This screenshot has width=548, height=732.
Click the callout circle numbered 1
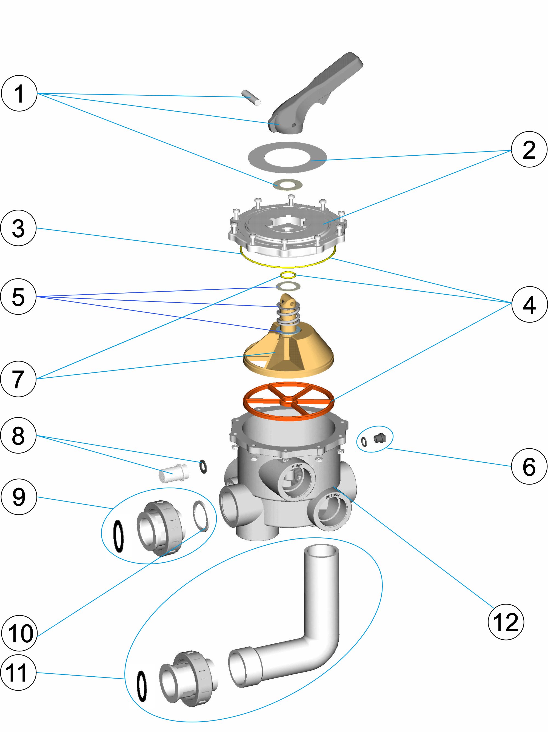point(19,93)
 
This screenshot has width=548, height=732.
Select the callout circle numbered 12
point(506,622)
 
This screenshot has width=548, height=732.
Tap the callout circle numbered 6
point(529,467)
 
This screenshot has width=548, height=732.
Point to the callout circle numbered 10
point(19,633)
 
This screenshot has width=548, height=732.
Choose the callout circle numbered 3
point(18,228)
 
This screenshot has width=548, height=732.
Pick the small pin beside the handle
point(251,97)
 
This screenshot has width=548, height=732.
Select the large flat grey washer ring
point(287,157)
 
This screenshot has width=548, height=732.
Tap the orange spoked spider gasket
point(289,401)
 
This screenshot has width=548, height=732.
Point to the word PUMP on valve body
point(296,466)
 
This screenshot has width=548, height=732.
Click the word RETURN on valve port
point(332,496)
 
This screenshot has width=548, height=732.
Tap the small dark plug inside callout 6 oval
point(379,438)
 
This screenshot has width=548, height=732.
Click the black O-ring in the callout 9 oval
point(118,536)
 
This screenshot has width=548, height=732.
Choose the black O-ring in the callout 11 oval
point(142,686)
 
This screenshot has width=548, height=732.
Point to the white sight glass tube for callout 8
point(174,474)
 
